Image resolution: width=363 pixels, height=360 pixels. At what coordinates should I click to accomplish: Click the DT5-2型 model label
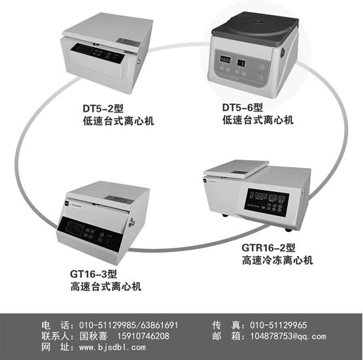[x=103, y=108]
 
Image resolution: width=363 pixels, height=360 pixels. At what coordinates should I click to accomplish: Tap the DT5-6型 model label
[x=243, y=107]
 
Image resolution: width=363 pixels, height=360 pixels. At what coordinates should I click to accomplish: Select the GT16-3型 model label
[x=94, y=274]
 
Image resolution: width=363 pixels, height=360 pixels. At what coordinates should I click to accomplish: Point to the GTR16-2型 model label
[x=268, y=248]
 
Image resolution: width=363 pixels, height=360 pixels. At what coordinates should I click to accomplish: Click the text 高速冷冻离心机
[x=277, y=260]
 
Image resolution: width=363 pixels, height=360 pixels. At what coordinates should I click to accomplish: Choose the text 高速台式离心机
[x=106, y=286]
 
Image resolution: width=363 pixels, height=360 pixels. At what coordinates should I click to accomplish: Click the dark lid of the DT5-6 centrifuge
[x=254, y=28]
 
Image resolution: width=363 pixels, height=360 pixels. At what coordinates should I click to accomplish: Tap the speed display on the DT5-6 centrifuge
[x=225, y=59]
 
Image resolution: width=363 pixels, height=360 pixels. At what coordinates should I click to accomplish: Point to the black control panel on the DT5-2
[x=99, y=53]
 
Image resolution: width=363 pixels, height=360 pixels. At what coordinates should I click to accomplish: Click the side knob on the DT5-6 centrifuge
[x=283, y=52]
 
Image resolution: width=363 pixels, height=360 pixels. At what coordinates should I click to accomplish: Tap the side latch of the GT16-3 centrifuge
[x=132, y=222]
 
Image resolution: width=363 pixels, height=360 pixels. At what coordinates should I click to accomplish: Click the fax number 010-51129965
[x=278, y=325]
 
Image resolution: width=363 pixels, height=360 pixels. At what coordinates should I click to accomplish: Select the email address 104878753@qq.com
[x=288, y=336]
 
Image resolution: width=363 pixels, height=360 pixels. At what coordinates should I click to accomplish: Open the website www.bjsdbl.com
[x=112, y=347]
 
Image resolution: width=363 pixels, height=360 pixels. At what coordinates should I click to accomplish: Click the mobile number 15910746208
[x=143, y=336]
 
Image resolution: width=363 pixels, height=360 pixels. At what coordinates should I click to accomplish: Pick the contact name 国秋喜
[x=94, y=336]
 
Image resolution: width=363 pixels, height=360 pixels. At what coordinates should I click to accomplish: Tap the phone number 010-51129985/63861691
[x=129, y=325]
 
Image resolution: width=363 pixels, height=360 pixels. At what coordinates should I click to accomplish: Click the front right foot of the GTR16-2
[x=288, y=230]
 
